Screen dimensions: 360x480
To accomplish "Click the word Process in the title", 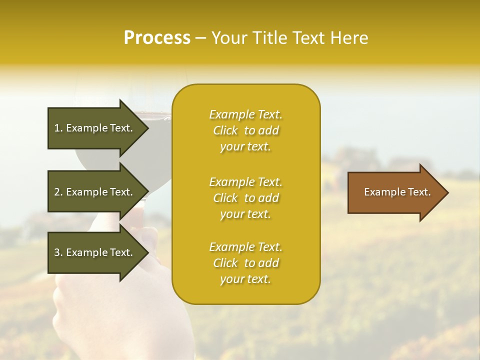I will point(157,38).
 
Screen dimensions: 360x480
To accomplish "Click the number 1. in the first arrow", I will point(58,128).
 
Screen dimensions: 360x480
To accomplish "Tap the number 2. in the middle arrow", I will point(58,192).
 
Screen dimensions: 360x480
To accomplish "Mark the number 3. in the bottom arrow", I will point(58,252).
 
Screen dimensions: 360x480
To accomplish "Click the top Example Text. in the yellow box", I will point(245,114).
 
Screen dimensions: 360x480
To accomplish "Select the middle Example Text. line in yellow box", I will point(245,182).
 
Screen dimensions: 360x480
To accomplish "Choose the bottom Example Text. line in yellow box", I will point(245,247).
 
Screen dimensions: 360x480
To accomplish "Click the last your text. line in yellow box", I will point(245,279).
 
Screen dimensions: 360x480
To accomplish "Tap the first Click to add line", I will point(245,131).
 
